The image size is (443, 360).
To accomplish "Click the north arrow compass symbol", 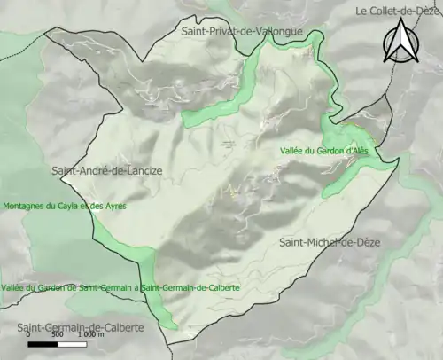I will (x=400, y=42).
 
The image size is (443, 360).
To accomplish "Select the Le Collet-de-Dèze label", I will (x=398, y=11).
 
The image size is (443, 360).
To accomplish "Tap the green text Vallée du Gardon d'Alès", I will (x=330, y=151).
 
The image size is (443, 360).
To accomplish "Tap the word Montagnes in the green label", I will (x=24, y=206).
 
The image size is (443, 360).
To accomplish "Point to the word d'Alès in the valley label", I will (x=366, y=151).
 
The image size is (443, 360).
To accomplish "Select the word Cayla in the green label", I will (x=66, y=206).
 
